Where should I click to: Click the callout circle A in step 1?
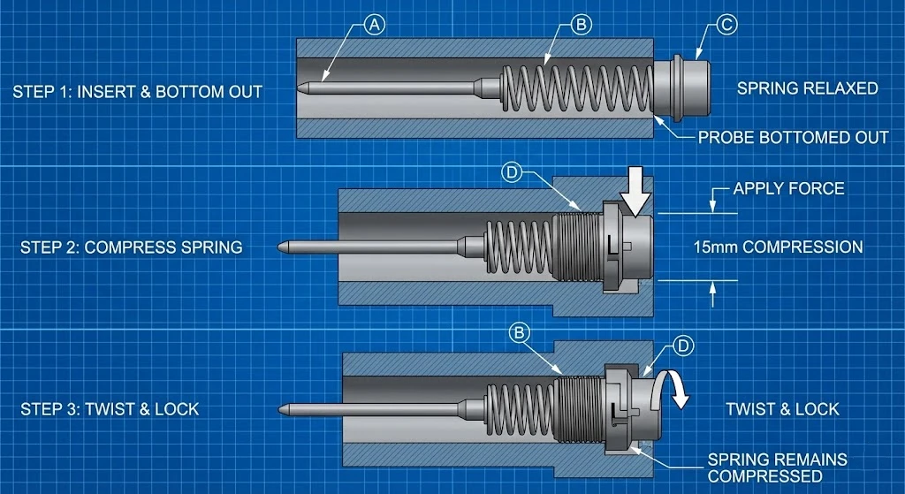click(375, 26)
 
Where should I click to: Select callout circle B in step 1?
click(581, 26)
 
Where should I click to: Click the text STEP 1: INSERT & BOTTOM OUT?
click(137, 91)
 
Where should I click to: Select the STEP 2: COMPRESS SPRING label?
click(131, 247)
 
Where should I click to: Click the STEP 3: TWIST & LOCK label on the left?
click(110, 409)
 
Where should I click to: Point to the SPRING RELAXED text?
click(807, 88)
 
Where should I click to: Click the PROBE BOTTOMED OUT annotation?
click(793, 137)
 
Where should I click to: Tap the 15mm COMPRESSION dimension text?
click(778, 247)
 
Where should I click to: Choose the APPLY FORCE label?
click(788, 188)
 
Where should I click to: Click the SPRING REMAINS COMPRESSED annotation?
click(777, 467)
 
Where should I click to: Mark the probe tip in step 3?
click(283, 409)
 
